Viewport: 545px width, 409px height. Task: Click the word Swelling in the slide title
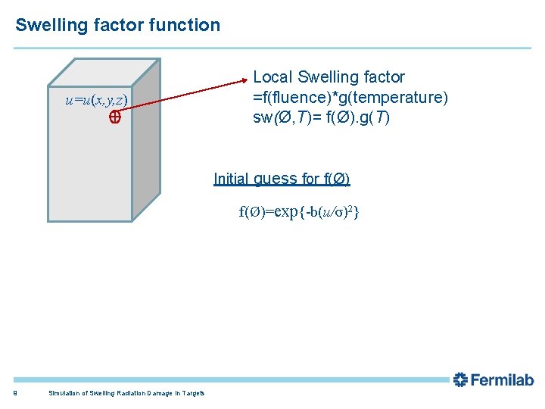pos(46,25)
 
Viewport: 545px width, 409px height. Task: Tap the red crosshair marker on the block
pos(115,117)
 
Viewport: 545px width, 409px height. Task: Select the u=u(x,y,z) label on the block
pos(97,101)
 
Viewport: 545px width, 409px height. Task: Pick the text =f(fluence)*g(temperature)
pos(350,98)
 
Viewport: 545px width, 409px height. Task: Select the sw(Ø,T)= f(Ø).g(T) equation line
pos(321,118)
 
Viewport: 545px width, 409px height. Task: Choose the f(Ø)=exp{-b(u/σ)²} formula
pos(299,212)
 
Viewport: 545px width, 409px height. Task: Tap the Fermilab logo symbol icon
pos(460,380)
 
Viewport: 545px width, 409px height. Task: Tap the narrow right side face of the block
pos(145,144)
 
